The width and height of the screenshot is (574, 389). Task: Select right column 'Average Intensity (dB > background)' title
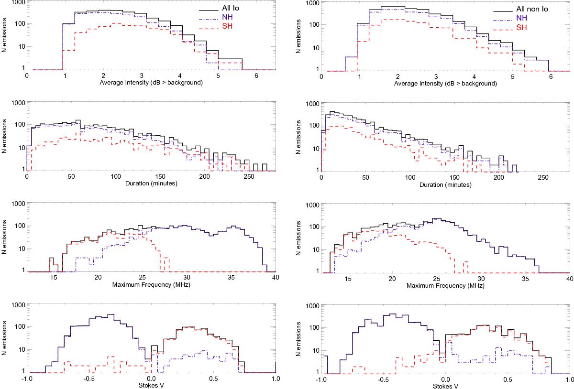(x=445, y=83)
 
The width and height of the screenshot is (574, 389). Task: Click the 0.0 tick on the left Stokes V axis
(x=151, y=379)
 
